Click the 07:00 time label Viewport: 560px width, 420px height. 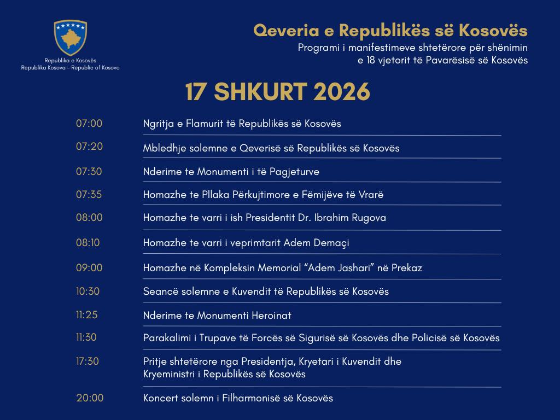(89, 124)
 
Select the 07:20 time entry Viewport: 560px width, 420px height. (89, 147)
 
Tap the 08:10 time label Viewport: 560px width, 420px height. (88, 242)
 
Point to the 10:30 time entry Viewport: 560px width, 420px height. (88, 291)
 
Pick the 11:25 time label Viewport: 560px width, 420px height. (87, 315)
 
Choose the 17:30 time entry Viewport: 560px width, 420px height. (87, 361)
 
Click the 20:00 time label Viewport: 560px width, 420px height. (90, 398)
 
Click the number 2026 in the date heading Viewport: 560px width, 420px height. (342, 92)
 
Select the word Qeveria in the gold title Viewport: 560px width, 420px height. (278, 30)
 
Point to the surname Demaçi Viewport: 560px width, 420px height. (330, 243)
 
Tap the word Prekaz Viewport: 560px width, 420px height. (405, 268)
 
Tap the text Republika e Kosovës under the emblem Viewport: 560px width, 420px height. (70, 61)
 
